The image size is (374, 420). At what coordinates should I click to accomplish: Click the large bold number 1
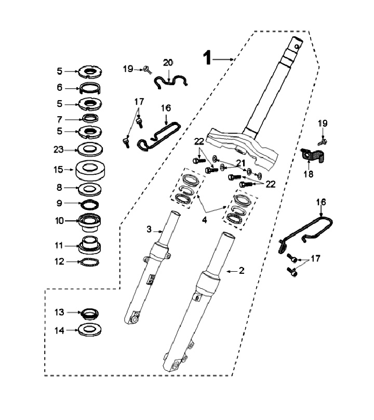[x=207, y=58]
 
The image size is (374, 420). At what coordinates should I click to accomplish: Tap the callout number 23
[x=59, y=149]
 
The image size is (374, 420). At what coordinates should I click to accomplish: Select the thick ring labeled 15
[x=90, y=170]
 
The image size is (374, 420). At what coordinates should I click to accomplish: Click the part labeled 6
[x=90, y=88]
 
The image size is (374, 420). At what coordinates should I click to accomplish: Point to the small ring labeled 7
[x=90, y=118]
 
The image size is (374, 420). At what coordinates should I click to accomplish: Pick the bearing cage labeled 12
[x=90, y=262]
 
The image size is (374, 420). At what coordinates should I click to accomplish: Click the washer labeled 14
[x=90, y=330]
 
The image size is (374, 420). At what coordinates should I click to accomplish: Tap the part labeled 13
[x=90, y=313]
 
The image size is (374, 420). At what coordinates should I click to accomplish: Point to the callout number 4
[x=205, y=220]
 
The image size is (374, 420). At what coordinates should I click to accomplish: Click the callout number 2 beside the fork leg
[x=242, y=271]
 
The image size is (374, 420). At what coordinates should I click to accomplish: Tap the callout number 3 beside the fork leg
[x=149, y=229]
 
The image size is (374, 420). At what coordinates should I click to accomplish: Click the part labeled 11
[x=90, y=245]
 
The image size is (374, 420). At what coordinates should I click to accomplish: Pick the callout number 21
[x=241, y=163]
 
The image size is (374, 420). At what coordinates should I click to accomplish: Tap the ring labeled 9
[x=90, y=205]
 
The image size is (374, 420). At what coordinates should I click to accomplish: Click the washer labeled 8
[x=90, y=189]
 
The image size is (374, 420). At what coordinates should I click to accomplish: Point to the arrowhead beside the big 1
[x=232, y=59]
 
